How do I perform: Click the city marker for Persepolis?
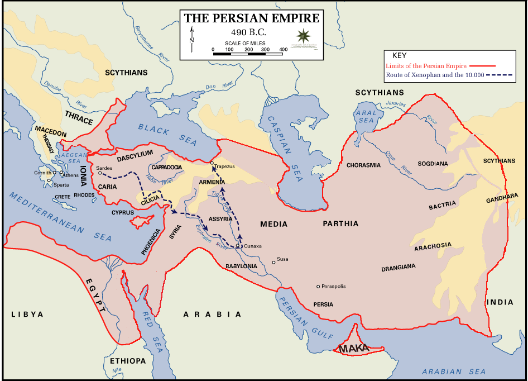click(318, 287)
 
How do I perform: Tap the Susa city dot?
click(273, 261)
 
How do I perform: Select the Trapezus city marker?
click(212, 163)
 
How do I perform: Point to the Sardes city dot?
click(100, 173)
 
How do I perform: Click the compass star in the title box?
click(304, 37)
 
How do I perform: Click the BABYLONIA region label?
click(241, 266)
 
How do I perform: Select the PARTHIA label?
click(340, 224)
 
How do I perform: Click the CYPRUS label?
click(122, 213)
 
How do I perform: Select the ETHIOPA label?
click(128, 361)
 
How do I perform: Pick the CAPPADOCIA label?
click(167, 167)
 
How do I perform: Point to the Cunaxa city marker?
click(238, 246)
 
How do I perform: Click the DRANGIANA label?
click(398, 268)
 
